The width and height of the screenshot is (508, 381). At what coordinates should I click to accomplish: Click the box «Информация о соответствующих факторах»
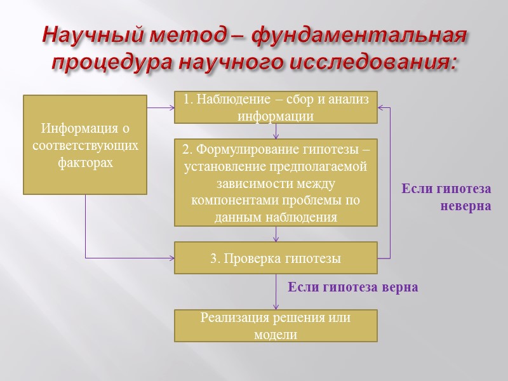[85, 145]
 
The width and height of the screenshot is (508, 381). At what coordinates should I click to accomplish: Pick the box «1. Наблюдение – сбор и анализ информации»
[276, 107]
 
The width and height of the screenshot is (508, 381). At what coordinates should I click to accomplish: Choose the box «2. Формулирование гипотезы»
[276, 183]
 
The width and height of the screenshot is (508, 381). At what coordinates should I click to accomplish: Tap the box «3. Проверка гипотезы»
[276, 258]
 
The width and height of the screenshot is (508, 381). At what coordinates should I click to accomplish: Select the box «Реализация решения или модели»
[276, 326]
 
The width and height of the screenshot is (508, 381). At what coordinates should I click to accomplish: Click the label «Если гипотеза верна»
[353, 287]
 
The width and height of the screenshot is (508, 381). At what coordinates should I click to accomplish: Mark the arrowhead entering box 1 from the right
[381, 107]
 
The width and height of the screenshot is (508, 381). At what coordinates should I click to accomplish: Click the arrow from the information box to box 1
[161, 107]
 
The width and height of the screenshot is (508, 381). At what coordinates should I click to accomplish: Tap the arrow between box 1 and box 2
[276, 131]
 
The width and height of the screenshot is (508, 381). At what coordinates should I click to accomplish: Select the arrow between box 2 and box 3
[276, 234]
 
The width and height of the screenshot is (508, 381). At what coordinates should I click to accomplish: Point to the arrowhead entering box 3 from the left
[171, 258]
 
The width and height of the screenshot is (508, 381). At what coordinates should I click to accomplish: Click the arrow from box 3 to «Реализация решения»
[276, 292]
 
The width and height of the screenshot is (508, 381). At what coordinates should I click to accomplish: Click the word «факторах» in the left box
[85, 163]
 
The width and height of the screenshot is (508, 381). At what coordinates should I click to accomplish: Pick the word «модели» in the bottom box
[276, 334]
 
